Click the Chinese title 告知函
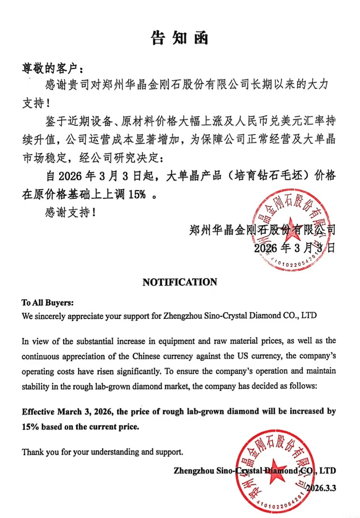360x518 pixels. tap(180, 38)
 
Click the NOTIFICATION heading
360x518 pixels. tap(180, 282)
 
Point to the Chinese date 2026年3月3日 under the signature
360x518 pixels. tap(294, 248)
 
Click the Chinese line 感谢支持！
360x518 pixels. tap(69, 213)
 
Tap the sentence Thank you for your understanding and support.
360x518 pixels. tap(103, 452)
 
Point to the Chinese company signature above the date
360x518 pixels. tap(262, 230)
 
